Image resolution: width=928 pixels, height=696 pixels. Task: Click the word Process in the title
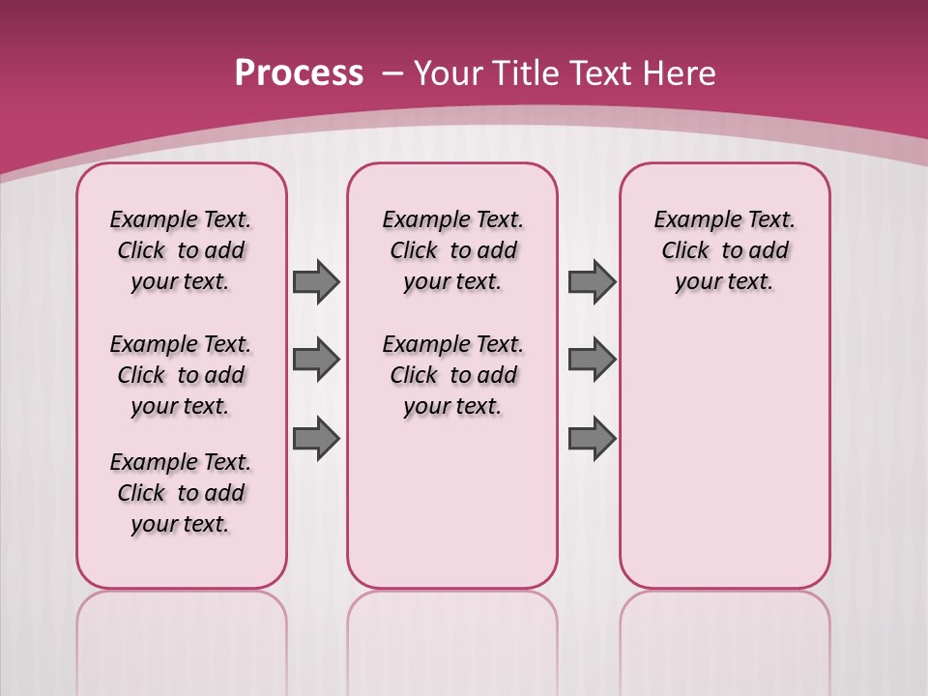pyautogui.click(x=299, y=73)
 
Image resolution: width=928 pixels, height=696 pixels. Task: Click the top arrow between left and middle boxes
pyautogui.click(x=316, y=281)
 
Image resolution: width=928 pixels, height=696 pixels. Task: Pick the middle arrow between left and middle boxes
pyautogui.click(x=316, y=360)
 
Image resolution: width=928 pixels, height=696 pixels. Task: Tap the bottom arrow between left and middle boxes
pyautogui.click(x=316, y=439)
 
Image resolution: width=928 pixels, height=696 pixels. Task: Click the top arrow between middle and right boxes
pyautogui.click(x=592, y=281)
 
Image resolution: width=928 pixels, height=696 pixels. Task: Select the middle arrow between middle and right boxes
pyautogui.click(x=592, y=360)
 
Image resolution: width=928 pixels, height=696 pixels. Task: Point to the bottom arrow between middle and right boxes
pyautogui.click(x=592, y=439)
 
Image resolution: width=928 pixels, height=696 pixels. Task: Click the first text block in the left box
pyautogui.click(x=181, y=250)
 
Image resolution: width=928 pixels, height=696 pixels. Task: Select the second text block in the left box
pyautogui.click(x=181, y=375)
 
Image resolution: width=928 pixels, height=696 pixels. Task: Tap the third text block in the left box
pyautogui.click(x=181, y=493)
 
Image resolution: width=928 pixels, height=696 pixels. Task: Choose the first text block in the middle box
pyautogui.click(x=452, y=250)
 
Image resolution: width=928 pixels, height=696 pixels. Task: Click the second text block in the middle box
pyautogui.click(x=452, y=375)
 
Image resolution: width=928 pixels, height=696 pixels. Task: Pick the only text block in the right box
pyautogui.click(x=725, y=250)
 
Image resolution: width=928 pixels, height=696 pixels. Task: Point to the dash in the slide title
pyautogui.click(x=392, y=73)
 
